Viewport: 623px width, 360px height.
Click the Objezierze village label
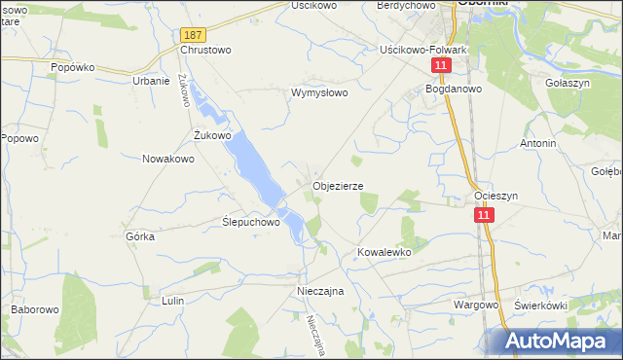coord(338,185)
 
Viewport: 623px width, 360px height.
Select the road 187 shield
coord(191,34)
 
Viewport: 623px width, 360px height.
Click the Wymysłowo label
coord(319,93)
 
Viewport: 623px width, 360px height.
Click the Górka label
coord(141,235)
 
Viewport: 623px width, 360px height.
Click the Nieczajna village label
coord(321,290)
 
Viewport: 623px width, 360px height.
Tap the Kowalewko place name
coord(385,251)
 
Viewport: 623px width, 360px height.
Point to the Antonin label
coord(537,143)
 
